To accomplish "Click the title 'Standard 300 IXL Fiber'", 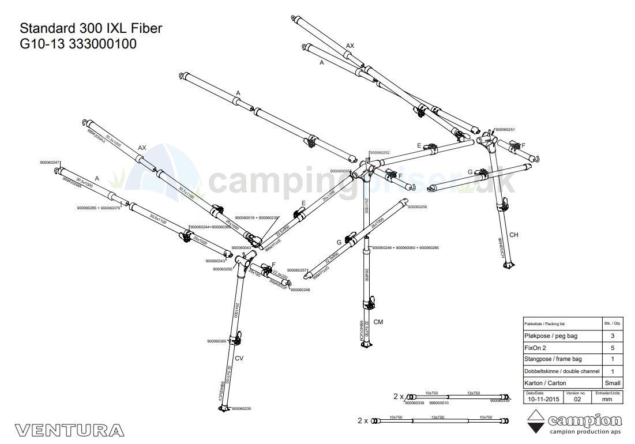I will (91, 28).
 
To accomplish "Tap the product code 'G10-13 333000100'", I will (78, 44).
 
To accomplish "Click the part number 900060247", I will (50, 163).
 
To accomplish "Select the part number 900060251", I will (505, 130).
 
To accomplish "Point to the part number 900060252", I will (379, 153).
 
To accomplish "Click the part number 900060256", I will (417, 206).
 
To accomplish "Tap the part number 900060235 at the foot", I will (241, 409).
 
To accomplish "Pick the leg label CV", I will (239, 358).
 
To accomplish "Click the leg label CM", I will (378, 321).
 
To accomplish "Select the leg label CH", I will (514, 235).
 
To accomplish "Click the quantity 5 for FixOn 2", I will (612, 348).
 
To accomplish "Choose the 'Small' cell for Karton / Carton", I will (612, 383).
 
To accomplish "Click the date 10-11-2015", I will (543, 398).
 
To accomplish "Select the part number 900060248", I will (300, 290).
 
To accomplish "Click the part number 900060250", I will (223, 269).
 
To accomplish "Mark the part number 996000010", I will (439, 403).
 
